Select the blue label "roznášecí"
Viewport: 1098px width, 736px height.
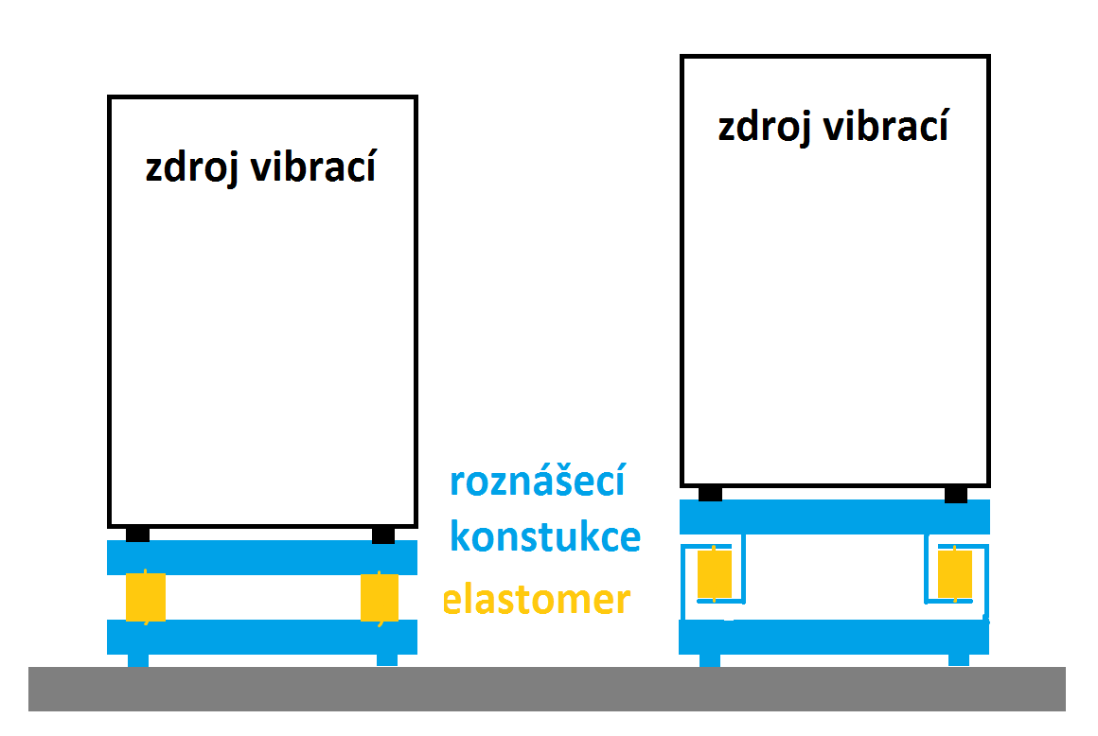[x=537, y=482]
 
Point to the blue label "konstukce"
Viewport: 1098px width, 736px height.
[x=544, y=537]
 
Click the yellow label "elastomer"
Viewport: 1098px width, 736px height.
[x=537, y=600]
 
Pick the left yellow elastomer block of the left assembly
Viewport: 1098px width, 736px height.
[x=146, y=597]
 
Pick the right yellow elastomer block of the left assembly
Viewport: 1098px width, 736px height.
[x=380, y=597]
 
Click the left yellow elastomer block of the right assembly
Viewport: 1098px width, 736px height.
[x=715, y=574]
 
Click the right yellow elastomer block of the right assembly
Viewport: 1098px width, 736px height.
[x=954, y=574]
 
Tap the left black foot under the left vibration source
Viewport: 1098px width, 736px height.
[x=137, y=534]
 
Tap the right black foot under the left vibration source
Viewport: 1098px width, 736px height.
[x=382, y=535]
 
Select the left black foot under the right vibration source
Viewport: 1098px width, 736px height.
[x=710, y=493]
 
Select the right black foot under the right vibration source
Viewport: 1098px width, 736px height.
[x=956, y=493]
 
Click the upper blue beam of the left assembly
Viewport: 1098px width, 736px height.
[x=262, y=556]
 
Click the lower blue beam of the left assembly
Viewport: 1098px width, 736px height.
[x=262, y=637]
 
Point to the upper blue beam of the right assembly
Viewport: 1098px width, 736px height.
[x=834, y=517]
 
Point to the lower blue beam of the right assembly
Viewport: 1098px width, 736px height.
[x=834, y=637]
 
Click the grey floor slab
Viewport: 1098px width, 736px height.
[x=546, y=689]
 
